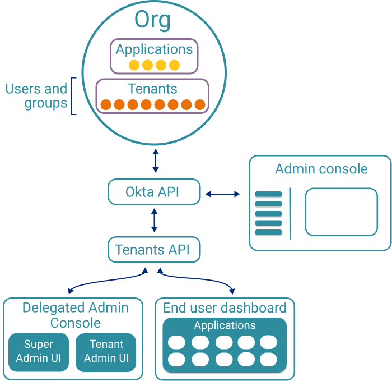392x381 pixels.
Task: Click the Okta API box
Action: click(x=153, y=192)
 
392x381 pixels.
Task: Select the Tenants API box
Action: click(x=153, y=250)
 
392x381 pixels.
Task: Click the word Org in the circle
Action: click(x=152, y=20)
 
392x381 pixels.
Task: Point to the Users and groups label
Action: click(x=36, y=96)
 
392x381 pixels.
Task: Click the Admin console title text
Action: click(x=321, y=169)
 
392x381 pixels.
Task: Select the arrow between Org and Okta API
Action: click(x=156, y=161)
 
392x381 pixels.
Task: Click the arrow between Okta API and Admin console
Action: click(x=222, y=194)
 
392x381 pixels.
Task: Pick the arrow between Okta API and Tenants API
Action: click(x=155, y=221)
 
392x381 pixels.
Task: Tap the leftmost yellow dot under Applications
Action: click(x=134, y=65)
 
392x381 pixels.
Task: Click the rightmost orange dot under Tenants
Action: click(x=200, y=104)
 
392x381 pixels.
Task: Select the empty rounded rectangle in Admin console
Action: click(x=341, y=212)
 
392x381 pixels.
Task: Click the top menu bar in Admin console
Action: click(x=268, y=195)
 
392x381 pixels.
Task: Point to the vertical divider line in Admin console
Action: click(x=290, y=213)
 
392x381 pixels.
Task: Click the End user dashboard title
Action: click(x=225, y=308)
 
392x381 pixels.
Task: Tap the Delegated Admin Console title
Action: click(x=75, y=315)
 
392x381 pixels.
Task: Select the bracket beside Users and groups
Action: click(x=73, y=96)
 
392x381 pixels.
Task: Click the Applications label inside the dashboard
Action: click(x=225, y=325)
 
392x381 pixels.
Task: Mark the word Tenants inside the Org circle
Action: click(x=152, y=89)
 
